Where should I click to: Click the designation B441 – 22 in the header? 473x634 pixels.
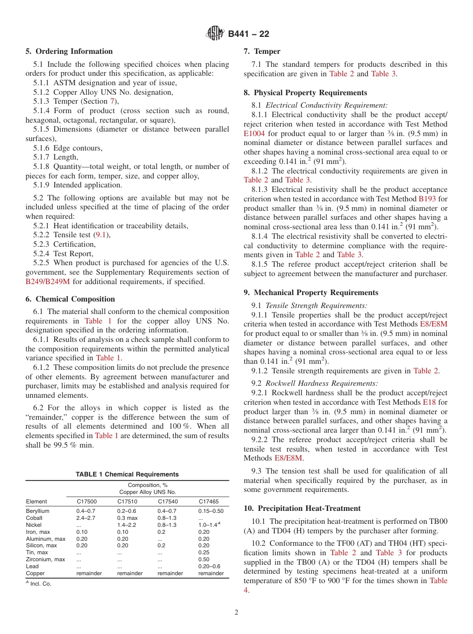[248, 34]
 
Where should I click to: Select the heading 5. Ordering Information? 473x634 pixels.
[69, 51]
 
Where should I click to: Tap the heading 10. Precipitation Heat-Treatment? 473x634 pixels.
[302, 508]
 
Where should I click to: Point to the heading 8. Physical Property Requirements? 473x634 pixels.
[305, 93]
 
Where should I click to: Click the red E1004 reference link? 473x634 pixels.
[254, 134]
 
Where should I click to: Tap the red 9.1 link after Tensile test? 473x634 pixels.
[102, 235]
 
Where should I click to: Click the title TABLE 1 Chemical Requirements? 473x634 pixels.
[127, 475]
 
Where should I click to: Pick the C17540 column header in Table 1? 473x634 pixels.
[168, 501]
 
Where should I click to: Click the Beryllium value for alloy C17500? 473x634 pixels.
[86, 511]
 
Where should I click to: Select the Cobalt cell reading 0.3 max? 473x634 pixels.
[127, 518]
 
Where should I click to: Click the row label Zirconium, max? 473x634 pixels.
[45, 559]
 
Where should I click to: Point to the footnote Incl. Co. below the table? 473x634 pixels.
[40, 583]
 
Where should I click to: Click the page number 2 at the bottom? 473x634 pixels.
[236, 612]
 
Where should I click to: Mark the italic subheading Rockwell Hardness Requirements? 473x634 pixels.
[321, 384]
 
